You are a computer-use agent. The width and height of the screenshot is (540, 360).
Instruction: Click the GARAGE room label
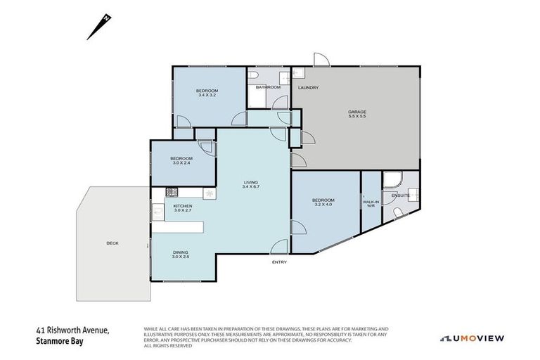tap(357, 112)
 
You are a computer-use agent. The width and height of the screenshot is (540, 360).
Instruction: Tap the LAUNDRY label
tap(308, 88)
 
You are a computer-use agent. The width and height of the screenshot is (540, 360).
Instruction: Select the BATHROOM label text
tap(268, 87)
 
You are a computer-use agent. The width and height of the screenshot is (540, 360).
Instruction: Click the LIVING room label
tap(251, 181)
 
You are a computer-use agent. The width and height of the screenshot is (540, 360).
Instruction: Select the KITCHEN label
tap(182, 206)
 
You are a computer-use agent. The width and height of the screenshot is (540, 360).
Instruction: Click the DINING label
tap(181, 252)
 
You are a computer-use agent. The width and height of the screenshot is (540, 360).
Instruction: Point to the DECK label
tap(112, 243)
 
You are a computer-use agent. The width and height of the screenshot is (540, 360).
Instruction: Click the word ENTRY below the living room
tap(279, 262)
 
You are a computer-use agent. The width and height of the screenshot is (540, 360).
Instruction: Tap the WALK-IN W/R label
tap(370, 203)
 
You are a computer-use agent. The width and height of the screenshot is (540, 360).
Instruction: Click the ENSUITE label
tap(400, 195)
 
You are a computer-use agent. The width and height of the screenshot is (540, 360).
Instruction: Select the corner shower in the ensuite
tap(391, 181)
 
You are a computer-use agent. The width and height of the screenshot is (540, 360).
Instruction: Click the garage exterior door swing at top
tap(319, 60)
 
